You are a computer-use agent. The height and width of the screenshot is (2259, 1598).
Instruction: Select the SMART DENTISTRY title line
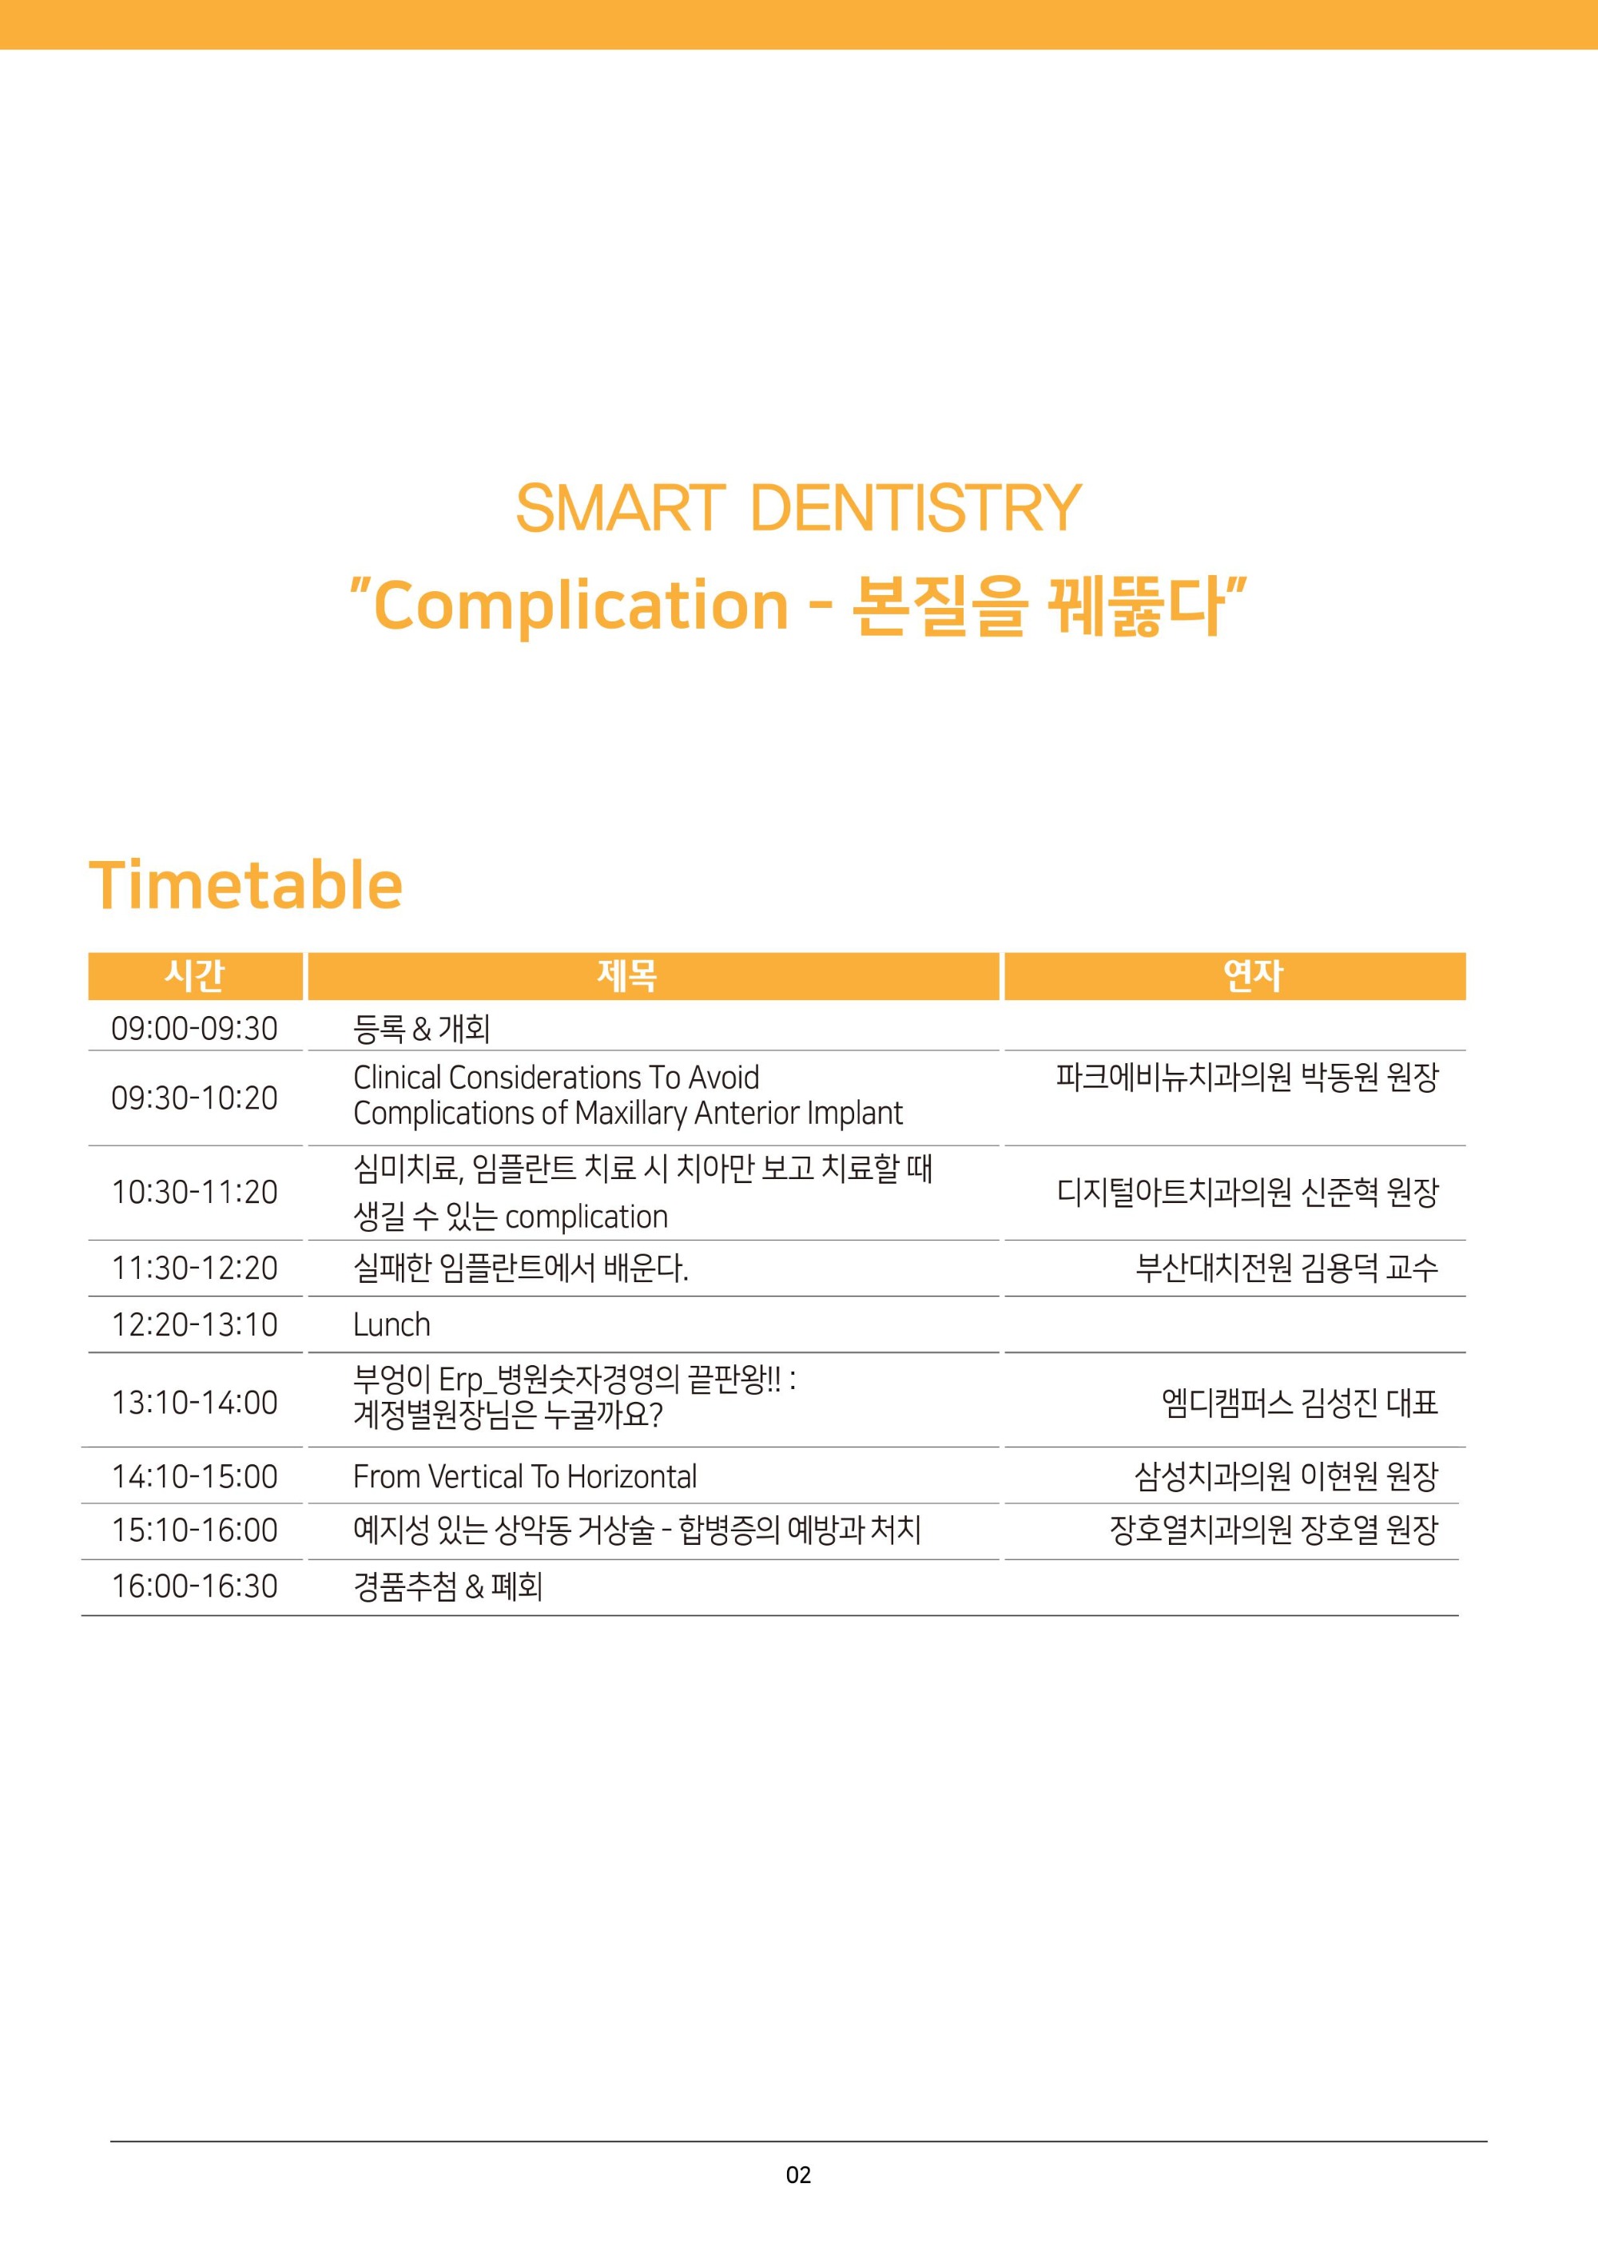click(x=798, y=508)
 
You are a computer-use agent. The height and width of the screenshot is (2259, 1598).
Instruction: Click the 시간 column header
click(x=195, y=975)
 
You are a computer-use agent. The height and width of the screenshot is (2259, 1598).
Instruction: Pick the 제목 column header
click(x=626, y=975)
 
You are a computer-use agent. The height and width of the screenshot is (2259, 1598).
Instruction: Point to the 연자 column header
click(x=1253, y=975)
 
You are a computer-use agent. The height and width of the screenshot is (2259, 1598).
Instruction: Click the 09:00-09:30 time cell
click(x=195, y=1028)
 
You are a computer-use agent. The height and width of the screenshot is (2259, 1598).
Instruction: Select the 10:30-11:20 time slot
click(x=195, y=1192)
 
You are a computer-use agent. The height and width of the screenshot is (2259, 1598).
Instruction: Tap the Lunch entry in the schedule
click(x=392, y=1324)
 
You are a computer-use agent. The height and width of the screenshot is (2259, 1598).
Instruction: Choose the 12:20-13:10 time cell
click(x=195, y=1324)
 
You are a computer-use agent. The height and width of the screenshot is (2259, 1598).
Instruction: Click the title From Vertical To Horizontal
click(x=524, y=1476)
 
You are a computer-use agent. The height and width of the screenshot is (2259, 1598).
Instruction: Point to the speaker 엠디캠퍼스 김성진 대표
click(x=1300, y=1402)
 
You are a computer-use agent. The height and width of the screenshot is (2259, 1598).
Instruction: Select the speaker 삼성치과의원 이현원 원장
click(x=1287, y=1476)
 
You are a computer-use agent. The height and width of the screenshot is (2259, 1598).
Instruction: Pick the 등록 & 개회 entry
click(x=421, y=1028)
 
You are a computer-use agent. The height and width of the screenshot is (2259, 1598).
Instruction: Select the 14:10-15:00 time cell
click(x=195, y=1476)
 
